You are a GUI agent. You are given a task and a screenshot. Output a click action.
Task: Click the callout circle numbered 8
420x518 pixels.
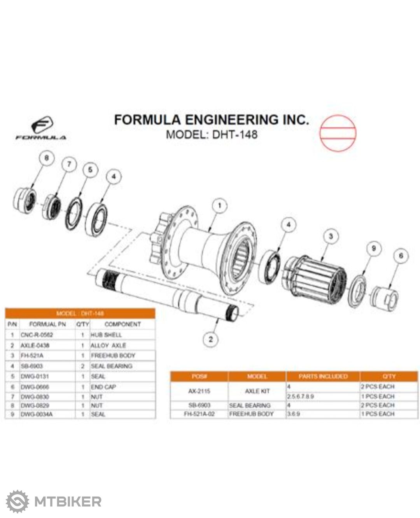[47, 158]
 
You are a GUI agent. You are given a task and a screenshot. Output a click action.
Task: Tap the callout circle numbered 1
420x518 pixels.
[220, 205]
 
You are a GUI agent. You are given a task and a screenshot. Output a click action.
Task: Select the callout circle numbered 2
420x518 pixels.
[211, 339]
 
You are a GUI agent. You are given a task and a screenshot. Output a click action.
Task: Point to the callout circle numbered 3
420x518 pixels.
[330, 236]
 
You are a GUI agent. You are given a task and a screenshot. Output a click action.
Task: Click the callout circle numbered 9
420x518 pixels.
[374, 248]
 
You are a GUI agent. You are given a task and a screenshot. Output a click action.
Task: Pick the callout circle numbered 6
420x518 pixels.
[401, 255]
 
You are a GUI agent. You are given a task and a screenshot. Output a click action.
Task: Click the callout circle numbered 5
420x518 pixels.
[90, 170]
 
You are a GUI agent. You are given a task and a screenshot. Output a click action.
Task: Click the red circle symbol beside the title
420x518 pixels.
[338, 132]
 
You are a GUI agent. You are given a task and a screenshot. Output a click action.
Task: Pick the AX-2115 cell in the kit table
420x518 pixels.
[199, 391]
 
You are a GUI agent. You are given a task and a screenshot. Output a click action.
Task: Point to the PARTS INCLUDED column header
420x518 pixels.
[323, 376]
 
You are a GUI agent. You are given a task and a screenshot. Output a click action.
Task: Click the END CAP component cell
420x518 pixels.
[103, 387]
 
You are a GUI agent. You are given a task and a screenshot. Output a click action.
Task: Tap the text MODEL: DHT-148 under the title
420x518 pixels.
[211, 134]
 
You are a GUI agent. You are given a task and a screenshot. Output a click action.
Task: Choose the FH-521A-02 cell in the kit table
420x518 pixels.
[199, 414]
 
